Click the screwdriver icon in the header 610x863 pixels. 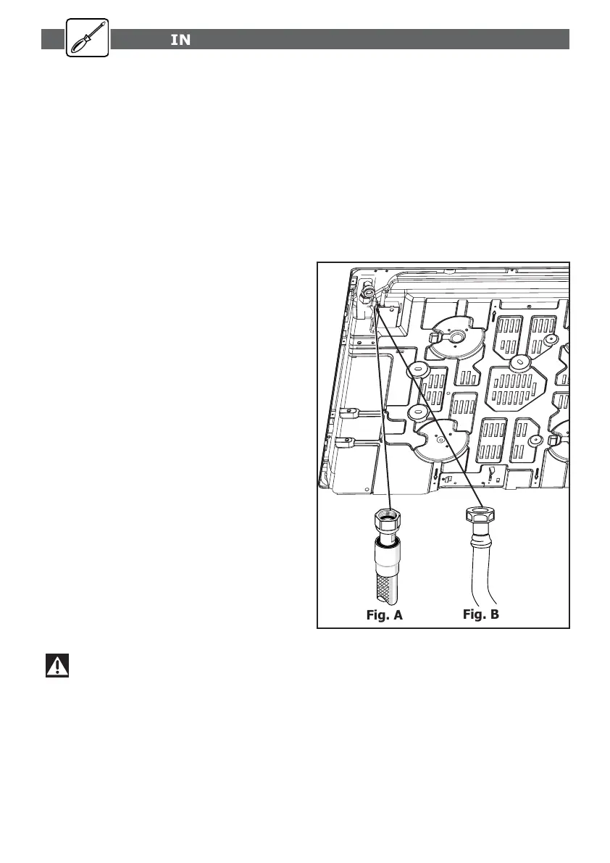[87, 38]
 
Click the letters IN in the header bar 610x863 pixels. [180, 40]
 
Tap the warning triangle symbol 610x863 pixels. [57, 665]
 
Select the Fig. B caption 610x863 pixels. [481, 614]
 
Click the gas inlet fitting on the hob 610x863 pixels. [369, 293]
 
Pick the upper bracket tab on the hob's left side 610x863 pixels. [347, 414]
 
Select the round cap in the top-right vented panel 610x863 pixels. [550, 338]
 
